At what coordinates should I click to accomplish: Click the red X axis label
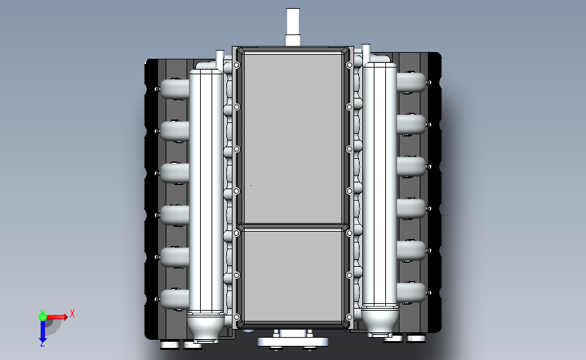[72, 313]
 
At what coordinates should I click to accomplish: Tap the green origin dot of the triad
[43, 316]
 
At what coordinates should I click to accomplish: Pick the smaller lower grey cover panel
[293, 275]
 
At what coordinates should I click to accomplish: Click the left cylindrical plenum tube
[206, 189]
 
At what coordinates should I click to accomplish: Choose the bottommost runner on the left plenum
[174, 298]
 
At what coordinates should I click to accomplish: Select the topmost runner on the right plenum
[410, 82]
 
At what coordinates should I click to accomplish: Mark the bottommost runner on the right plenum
[411, 292]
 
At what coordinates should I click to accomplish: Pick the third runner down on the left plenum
[174, 173]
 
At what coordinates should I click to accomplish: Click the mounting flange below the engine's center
[293, 340]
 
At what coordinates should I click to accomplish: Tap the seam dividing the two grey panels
[293, 226]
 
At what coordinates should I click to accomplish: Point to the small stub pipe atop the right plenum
[366, 53]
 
